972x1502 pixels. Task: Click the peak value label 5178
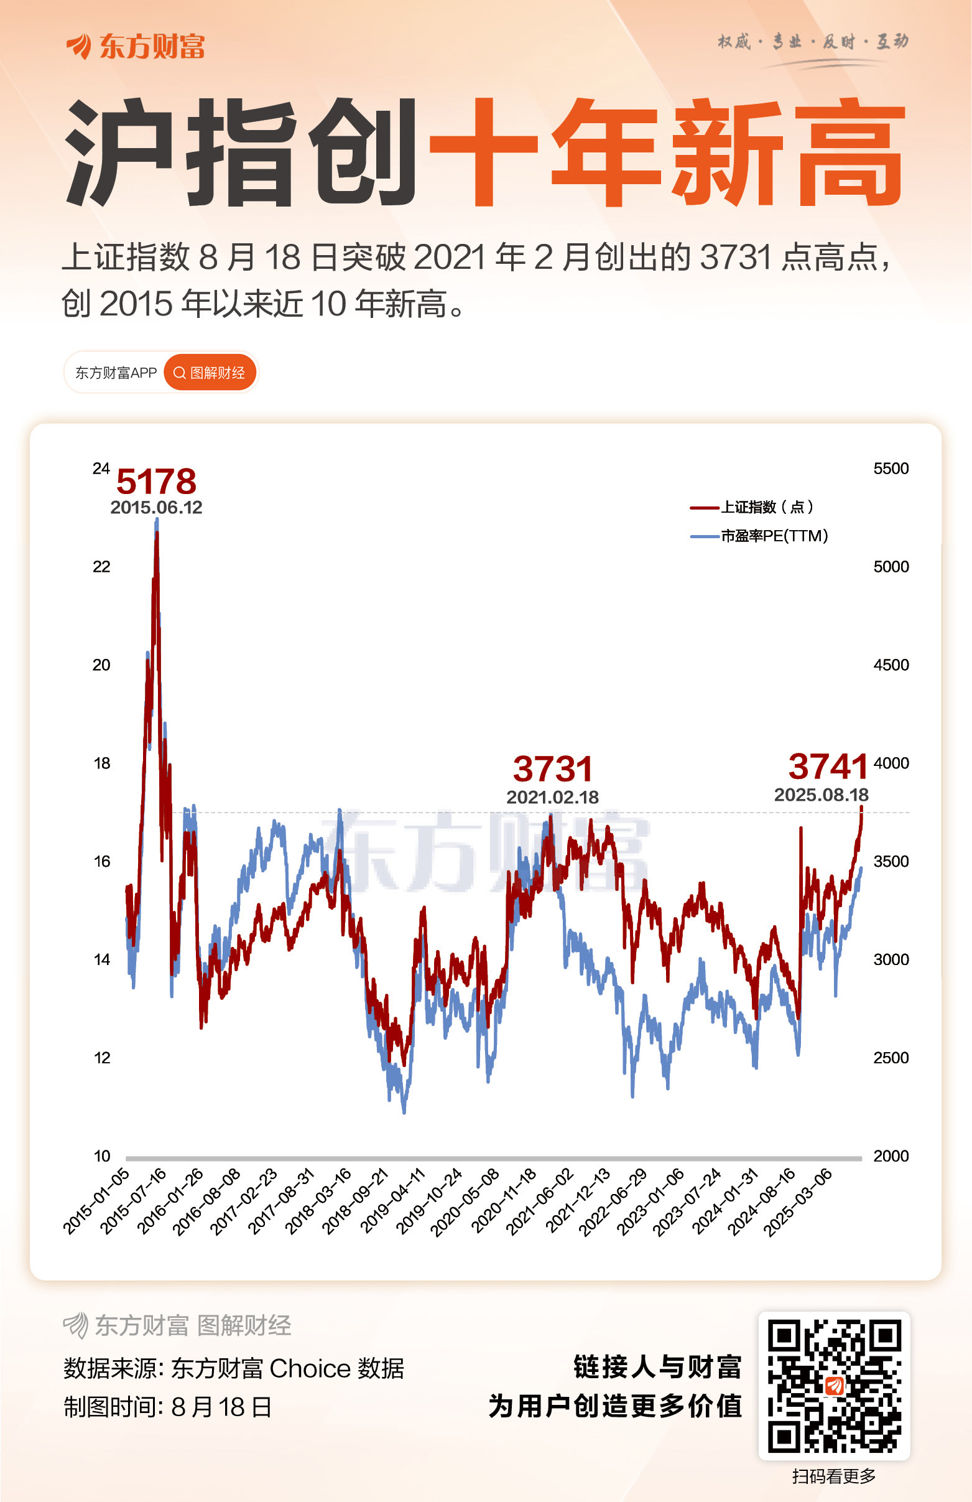click(156, 482)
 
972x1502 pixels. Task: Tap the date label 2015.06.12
click(156, 507)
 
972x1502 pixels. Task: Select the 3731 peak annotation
click(553, 769)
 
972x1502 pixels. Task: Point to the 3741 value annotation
click(828, 767)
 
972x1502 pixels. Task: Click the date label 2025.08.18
click(821, 795)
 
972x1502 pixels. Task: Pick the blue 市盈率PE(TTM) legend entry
click(759, 536)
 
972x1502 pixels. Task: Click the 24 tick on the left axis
click(101, 469)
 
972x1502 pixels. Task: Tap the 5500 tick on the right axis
click(891, 469)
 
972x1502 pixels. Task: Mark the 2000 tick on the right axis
click(891, 1156)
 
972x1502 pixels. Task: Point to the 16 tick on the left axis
click(101, 861)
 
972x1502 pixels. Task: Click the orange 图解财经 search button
click(210, 373)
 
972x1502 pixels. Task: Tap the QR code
click(834, 1386)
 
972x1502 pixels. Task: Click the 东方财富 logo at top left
click(136, 47)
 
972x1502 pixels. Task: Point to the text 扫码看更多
click(834, 1476)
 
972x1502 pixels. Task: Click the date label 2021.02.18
click(553, 797)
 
